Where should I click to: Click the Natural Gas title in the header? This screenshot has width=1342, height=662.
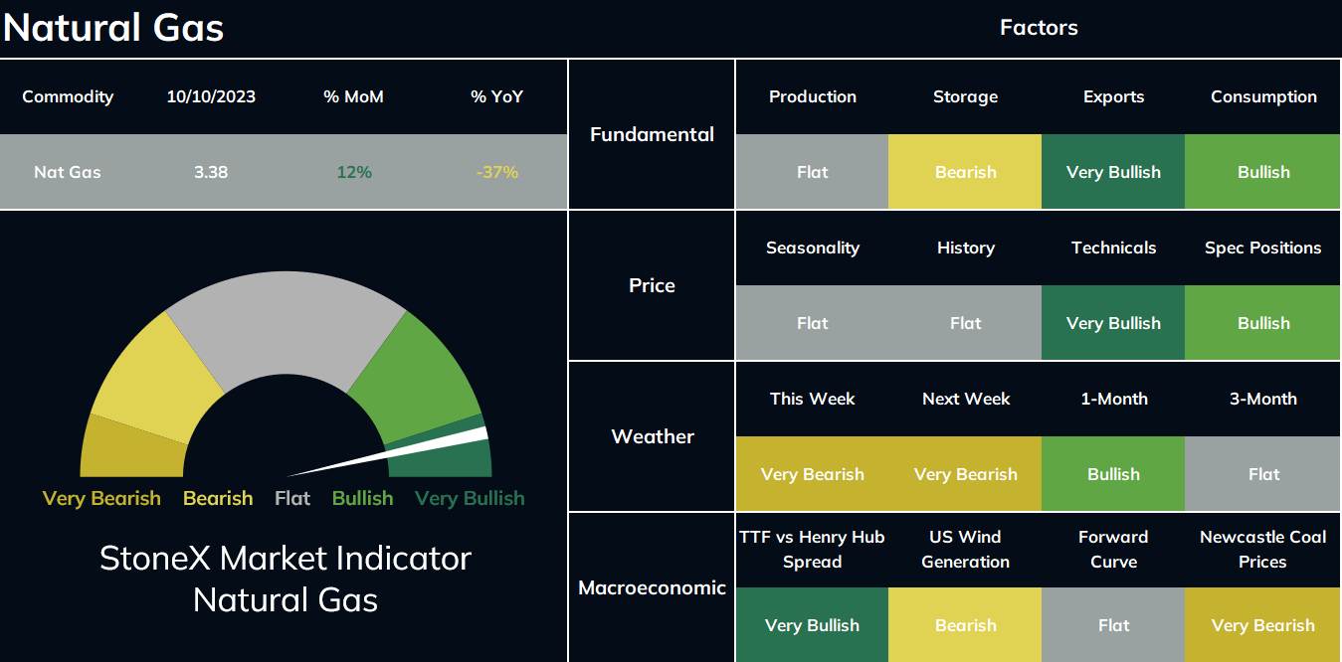click(113, 28)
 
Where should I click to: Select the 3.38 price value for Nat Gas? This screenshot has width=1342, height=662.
click(211, 172)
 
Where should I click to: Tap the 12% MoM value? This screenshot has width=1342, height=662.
click(354, 172)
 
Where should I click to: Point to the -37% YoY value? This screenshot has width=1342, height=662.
click(496, 172)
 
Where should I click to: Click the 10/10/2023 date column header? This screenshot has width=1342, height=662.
click(211, 97)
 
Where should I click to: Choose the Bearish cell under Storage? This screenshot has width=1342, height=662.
click(965, 172)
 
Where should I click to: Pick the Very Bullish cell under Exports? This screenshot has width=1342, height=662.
click(1113, 172)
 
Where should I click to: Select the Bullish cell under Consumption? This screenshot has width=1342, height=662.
click(1262, 172)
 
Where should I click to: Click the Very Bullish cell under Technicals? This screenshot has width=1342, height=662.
click(1113, 323)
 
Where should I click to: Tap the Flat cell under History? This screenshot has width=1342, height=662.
click(965, 323)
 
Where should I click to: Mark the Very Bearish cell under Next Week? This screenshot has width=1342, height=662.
click(965, 473)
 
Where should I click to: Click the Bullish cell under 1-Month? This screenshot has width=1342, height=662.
click(1113, 473)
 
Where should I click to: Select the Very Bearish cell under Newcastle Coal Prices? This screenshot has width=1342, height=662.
click(1262, 624)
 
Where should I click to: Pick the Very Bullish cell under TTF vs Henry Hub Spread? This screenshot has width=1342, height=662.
click(813, 624)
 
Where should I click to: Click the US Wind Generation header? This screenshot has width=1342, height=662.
click(965, 550)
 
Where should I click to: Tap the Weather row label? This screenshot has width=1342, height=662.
click(653, 437)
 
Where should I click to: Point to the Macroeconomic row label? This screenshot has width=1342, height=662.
click(652, 587)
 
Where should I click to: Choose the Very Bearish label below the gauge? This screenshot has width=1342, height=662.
click(101, 499)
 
